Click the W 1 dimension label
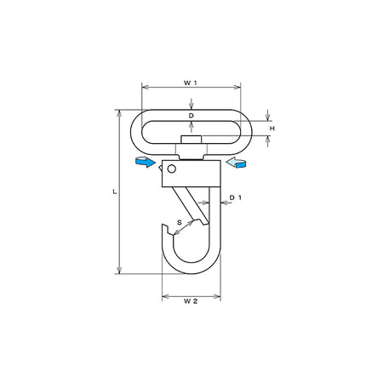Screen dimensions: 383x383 (190, 83)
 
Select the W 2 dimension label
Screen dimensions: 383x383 (191, 301)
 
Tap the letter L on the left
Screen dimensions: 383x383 (115, 191)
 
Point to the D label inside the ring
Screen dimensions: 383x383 (191, 116)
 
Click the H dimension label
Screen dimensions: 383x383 (272, 129)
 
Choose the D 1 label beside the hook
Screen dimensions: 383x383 (235, 197)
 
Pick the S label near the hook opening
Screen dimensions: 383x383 (180, 222)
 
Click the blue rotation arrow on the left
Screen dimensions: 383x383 (146, 162)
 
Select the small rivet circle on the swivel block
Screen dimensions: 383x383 (172, 169)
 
